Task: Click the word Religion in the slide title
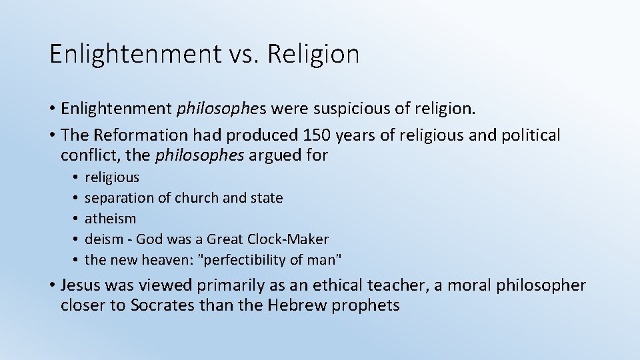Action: point(313,54)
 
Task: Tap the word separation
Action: point(116,198)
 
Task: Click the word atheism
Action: point(111,219)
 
